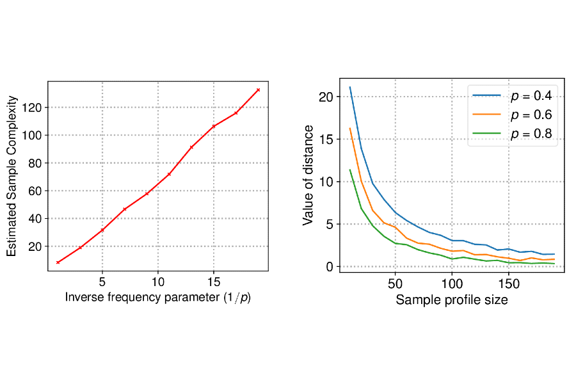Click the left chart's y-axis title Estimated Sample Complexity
point(12,176)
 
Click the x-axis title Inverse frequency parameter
point(157,298)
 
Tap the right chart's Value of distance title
point(308,175)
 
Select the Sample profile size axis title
point(452,300)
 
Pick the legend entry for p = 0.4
point(512,95)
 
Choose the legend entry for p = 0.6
point(512,115)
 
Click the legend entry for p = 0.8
point(512,134)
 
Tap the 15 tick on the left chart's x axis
point(214,282)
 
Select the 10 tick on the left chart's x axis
point(158,282)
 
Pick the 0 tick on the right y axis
point(330,266)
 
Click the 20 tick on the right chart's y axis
point(326,97)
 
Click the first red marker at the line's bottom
point(58,262)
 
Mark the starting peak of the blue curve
point(350,87)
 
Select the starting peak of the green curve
point(350,170)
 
